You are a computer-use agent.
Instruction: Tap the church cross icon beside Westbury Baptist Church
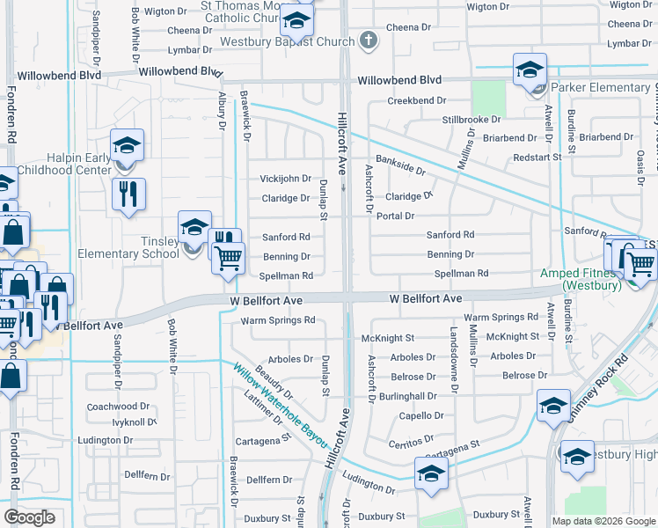point(369,40)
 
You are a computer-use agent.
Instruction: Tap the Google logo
point(30,517)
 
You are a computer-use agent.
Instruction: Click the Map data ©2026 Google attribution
point(603,521)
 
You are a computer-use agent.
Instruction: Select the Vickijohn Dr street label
point(285,179)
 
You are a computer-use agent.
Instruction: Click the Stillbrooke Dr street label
point(472,119)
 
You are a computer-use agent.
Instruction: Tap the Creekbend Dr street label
point(417,101)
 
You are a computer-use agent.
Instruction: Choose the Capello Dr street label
point(421,415)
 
